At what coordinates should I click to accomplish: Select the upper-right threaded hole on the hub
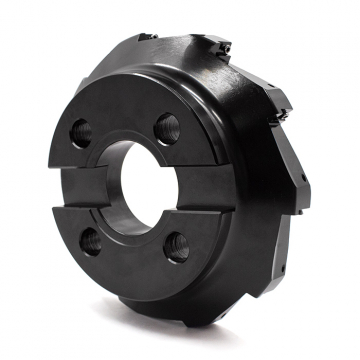[x=168, y=127]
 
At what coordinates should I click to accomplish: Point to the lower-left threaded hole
[x=91, y=240]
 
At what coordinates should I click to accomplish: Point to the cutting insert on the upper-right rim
[x=283, y=99]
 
